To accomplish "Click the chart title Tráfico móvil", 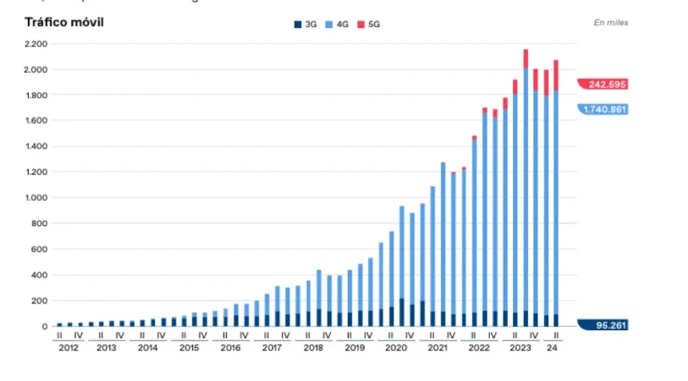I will pyautogui.click(x=63, y=22).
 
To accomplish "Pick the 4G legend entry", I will pyautogui.click(x=338, y=25).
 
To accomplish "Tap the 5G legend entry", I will pyautogui.click(x=369, y=25).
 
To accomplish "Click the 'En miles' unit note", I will pyautogui.click(x=610, y=23).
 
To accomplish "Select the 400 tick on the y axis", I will pyautogui.click(x=41, y=275).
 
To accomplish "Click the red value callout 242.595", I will pyautogui.click(x=604, y=84).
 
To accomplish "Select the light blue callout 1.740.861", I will pyautogui.click(x=604, y=109).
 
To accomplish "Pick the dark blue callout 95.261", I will pyautogui.click(x=604, y=325).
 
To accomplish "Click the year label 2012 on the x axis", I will pyautogui.click(x=68, y=348).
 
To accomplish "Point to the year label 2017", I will pyautogui.click(x=272, y=348).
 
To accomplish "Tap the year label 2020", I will pyautogui.click(x=395, y=348).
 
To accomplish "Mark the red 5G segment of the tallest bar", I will pyautogui.click(x=526, y=58).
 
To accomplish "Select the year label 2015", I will pyautogui.click(x=190, y=348).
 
